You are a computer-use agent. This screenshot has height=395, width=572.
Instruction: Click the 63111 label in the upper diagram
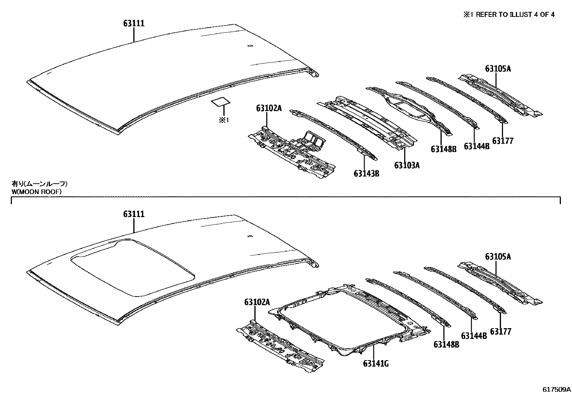point(134,23)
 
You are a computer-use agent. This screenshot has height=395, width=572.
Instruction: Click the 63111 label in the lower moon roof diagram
point(134,214)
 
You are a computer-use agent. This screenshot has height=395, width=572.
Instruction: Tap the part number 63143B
point(366,174)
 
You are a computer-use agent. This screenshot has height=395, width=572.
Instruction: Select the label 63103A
point(407,165)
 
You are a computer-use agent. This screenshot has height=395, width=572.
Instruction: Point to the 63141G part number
point(376,364)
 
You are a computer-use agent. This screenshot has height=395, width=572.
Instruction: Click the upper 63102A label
point(269,108)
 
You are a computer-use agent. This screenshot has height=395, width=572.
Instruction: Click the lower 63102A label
point(257,302)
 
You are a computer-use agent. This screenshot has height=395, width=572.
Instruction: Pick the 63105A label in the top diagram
point(498,69)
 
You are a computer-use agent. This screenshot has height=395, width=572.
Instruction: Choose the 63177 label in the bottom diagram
point(500,331)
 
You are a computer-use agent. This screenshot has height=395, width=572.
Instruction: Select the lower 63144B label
point(474,336)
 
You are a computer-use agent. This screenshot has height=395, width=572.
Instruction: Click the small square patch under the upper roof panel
point(220,102)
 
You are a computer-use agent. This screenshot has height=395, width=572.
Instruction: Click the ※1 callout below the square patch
point(223,120)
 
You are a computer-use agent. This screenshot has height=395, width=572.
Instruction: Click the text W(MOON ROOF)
point(36,192)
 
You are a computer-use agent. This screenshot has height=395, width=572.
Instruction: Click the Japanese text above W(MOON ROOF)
point(40,184)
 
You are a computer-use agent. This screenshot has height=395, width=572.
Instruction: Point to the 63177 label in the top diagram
point(503,141)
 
